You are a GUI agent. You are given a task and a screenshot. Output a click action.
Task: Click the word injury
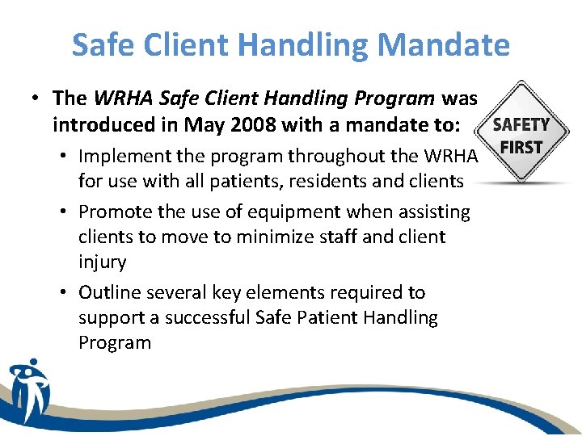click(x=102, y=262)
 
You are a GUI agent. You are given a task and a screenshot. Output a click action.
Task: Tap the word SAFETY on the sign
click(x=521, y=125)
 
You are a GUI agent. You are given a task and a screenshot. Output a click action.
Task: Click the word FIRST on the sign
click(x=521, y=147)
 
